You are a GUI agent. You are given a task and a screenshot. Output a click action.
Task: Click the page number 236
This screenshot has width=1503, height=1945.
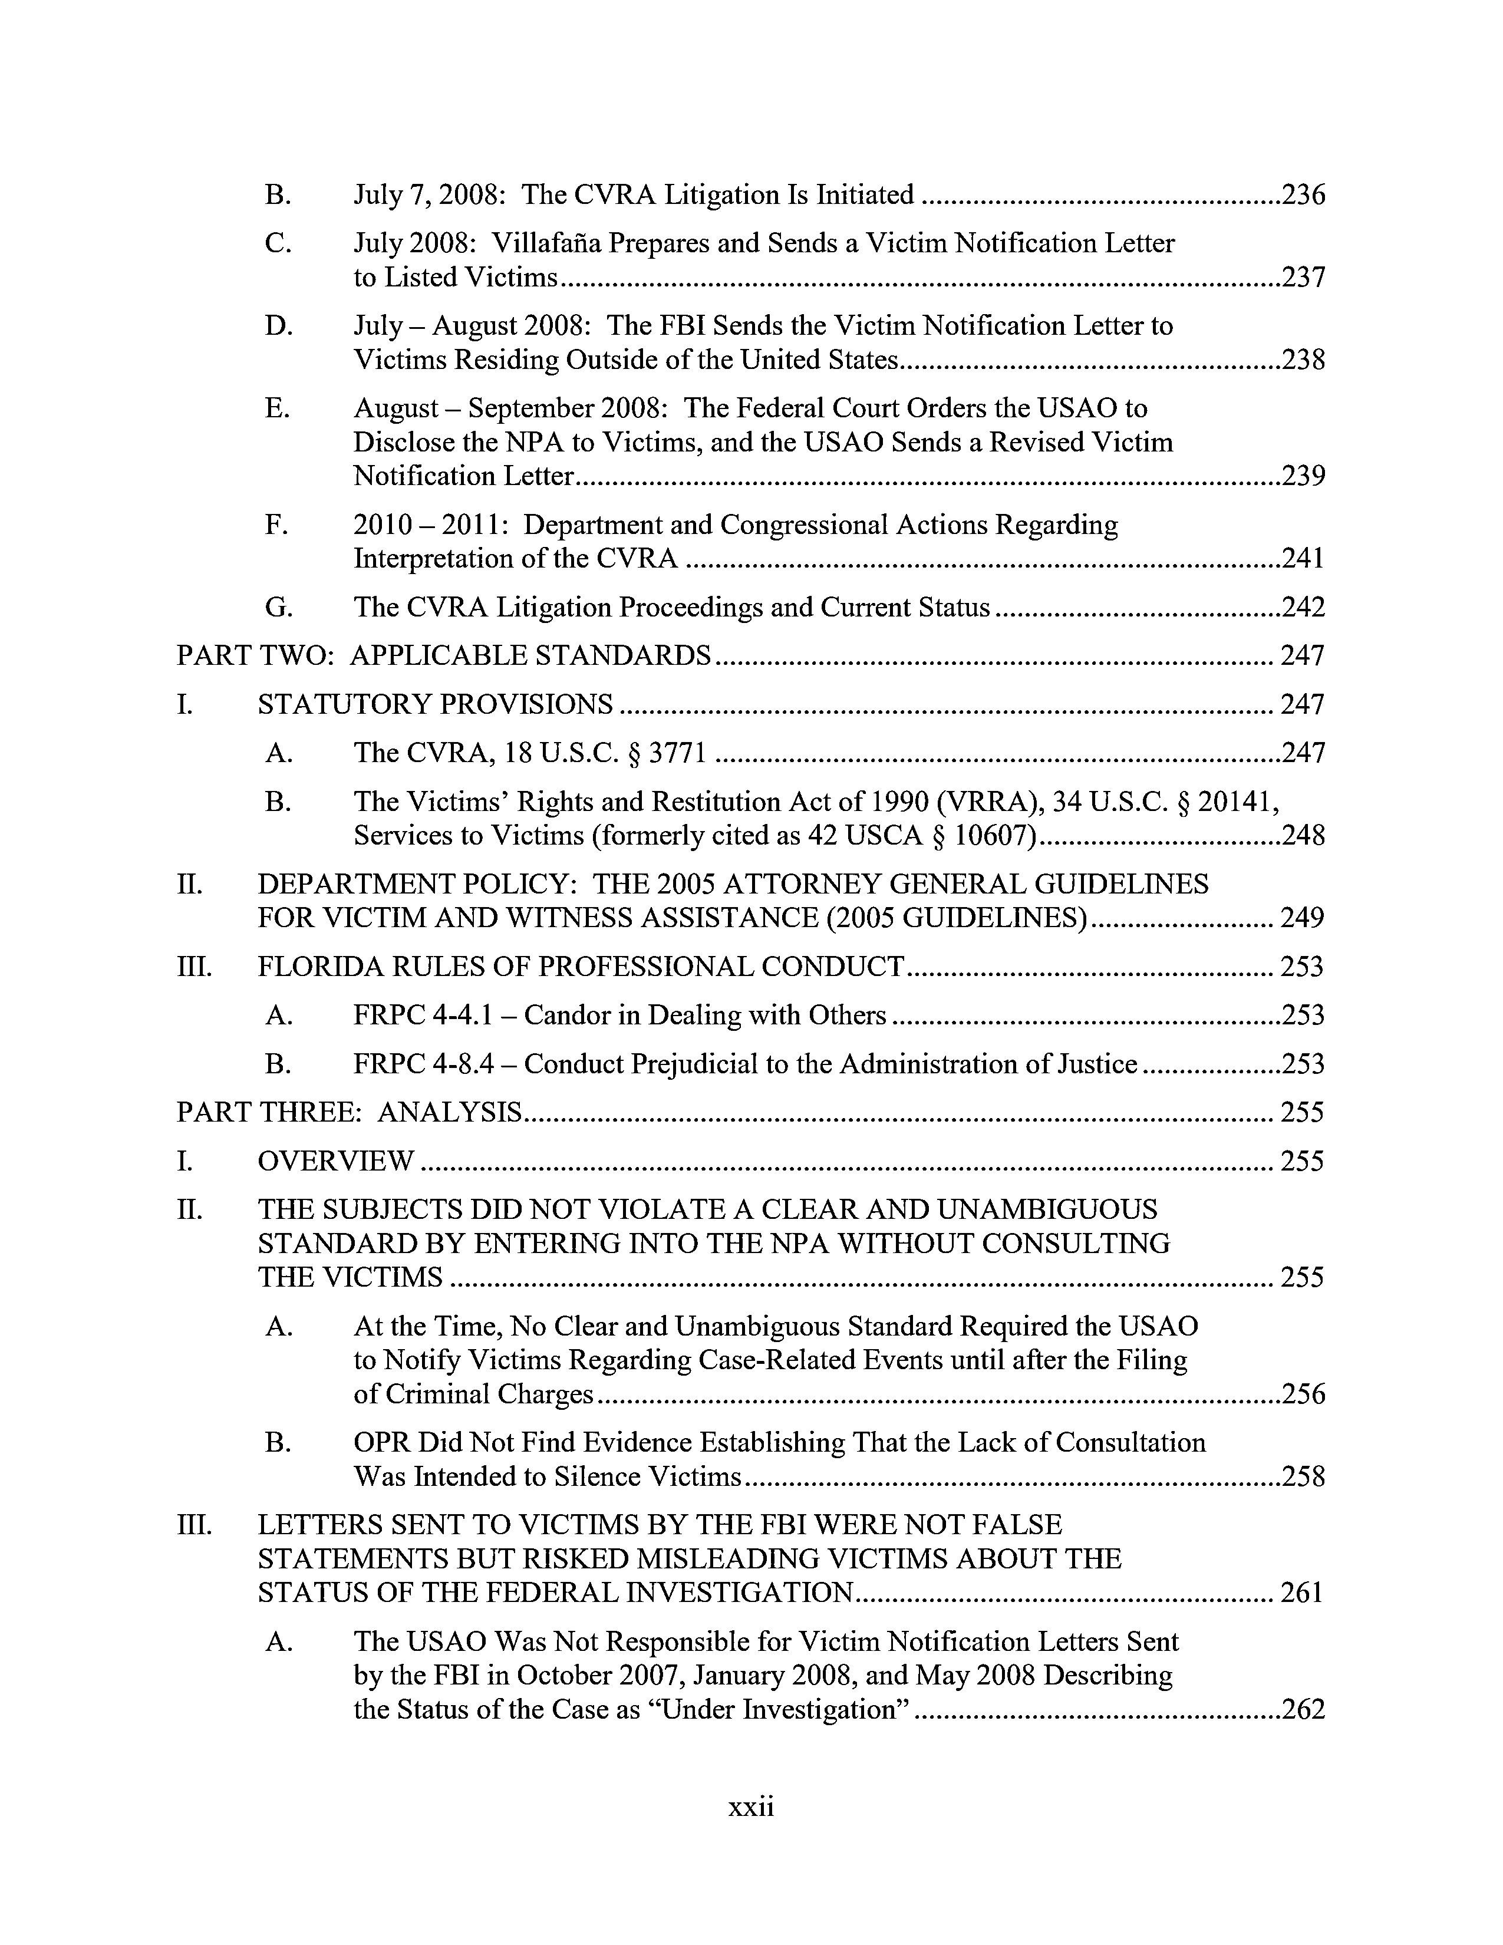point(1303,194)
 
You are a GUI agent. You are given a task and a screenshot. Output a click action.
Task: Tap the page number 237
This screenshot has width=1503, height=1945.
point(1303,278)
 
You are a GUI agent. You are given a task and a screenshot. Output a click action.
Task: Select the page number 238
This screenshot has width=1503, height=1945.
point(1303,360)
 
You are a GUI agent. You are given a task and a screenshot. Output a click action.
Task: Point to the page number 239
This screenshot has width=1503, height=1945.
point(1303,476)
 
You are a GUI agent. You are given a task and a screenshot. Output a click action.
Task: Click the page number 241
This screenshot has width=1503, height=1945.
point(1303,558)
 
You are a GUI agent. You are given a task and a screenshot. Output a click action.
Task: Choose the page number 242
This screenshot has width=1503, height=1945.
point(1303,607)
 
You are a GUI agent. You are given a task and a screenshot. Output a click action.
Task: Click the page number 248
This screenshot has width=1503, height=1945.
point(1303,835)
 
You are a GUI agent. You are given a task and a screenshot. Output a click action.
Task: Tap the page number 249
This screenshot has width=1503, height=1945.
point(1302,917)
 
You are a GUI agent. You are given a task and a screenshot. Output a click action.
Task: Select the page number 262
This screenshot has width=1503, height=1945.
point(1303,1709)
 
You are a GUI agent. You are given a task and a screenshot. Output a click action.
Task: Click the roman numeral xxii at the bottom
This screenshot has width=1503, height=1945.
point(750,1807)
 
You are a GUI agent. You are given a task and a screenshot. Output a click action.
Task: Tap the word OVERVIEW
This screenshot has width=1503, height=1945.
point(336,1161)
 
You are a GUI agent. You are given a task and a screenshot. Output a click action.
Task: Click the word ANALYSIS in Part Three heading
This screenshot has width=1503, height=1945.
point(450,1112)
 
